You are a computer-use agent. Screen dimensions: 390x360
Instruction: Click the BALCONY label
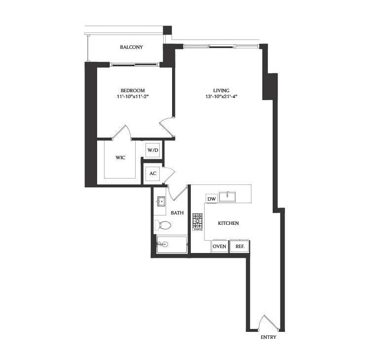(131, 47)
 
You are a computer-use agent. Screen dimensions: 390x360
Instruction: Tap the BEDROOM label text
(133, 91)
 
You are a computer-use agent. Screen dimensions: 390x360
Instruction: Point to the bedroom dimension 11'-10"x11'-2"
(133, 97)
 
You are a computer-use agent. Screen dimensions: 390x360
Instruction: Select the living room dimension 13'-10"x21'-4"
(221, 97)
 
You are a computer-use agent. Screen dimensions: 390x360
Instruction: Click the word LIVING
(221, 91)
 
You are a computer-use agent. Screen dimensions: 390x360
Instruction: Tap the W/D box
(153, 150)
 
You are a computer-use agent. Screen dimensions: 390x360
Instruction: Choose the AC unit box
(153, 174)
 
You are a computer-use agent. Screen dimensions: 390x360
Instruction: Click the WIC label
(120, 158)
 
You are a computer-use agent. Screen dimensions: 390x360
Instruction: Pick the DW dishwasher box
(212, 199)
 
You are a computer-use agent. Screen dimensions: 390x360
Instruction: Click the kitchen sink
(227, 196)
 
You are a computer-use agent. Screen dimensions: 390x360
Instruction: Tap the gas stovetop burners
(197, 222)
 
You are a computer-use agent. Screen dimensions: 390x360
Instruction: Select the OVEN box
(219, 247)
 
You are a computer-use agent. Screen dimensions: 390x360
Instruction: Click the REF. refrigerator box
(240, 247)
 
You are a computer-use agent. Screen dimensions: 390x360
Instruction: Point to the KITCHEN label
(228, 223)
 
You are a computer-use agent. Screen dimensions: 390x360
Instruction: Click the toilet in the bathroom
(162, 225)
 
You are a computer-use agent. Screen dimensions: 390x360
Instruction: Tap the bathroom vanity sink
(161, 202)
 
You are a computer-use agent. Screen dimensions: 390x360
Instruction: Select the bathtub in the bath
(172, 245)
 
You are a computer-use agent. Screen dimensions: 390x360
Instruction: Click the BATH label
(177, 213)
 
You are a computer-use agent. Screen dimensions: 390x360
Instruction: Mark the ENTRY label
(268, 337)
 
